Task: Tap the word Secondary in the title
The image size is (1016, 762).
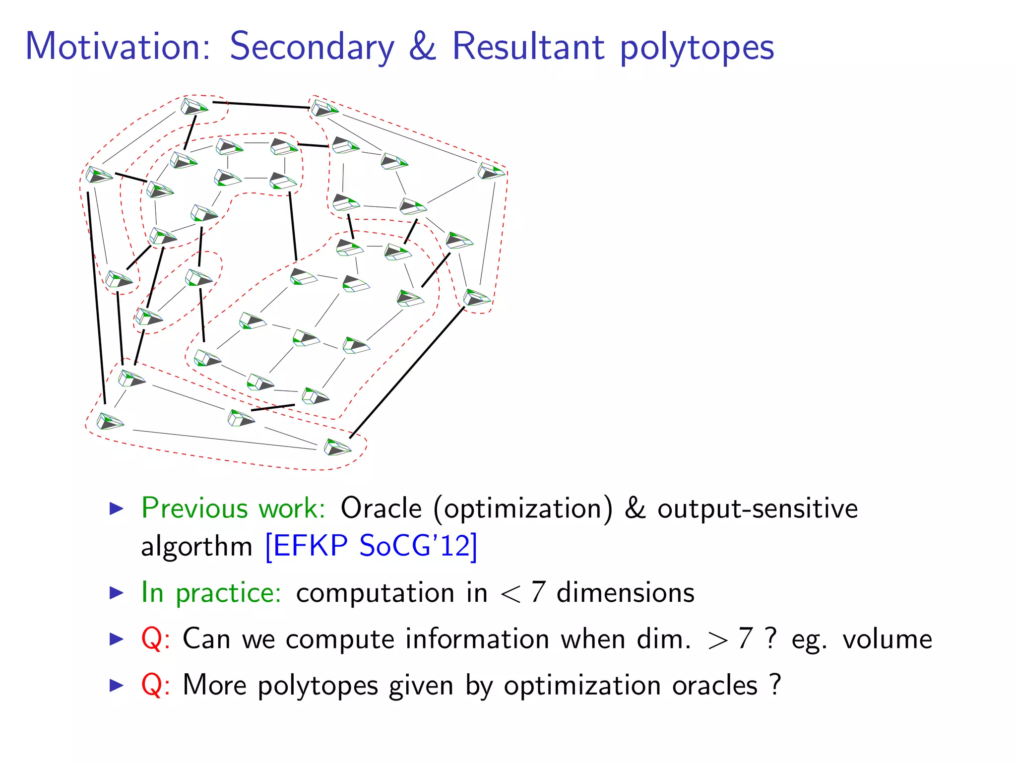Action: pyautogui.click(x=312, y=47)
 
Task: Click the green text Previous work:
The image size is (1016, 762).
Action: pyautogui.click(x=233, y=508)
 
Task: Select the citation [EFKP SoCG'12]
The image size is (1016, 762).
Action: pyautogui.click(x=371, y=546)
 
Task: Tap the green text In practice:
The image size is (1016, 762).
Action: pyautogui.click(x=211, y=592)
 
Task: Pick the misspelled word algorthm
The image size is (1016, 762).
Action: pyautogui.click(x=197, y=547)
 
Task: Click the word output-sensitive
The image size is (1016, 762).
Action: pyautogui.click(x=758, y=508)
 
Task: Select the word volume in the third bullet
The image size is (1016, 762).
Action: pyautogui.click(x=887, y=639)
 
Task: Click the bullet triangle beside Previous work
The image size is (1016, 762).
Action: pyautogui.click(x=116, y=508)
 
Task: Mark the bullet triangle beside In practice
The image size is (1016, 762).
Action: pyautogui.click(x=116, y=593)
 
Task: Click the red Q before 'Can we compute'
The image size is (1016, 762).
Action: pyautogui.click(x=151, y=639)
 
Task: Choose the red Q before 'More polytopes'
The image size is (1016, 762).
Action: pyautogui.click(x=151, y=685)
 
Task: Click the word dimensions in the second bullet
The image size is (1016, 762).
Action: pyautogui.click(x=625, y=593)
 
